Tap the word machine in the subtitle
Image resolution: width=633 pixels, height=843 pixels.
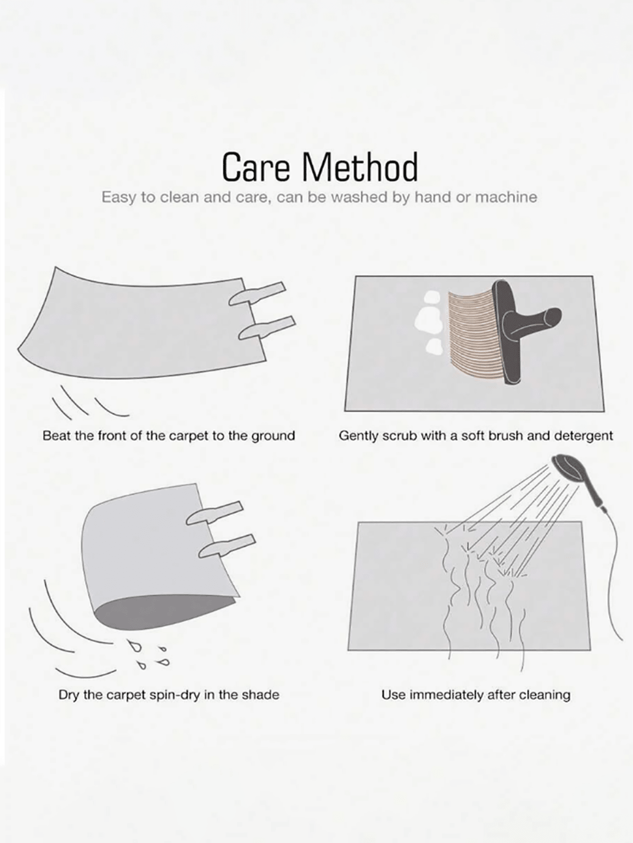click(506, 197)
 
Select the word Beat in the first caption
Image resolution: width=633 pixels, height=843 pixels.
click(54, 435)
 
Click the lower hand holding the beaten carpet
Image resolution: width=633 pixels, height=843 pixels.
click(267, 328)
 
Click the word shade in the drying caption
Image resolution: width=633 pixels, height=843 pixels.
click(260, 695)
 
